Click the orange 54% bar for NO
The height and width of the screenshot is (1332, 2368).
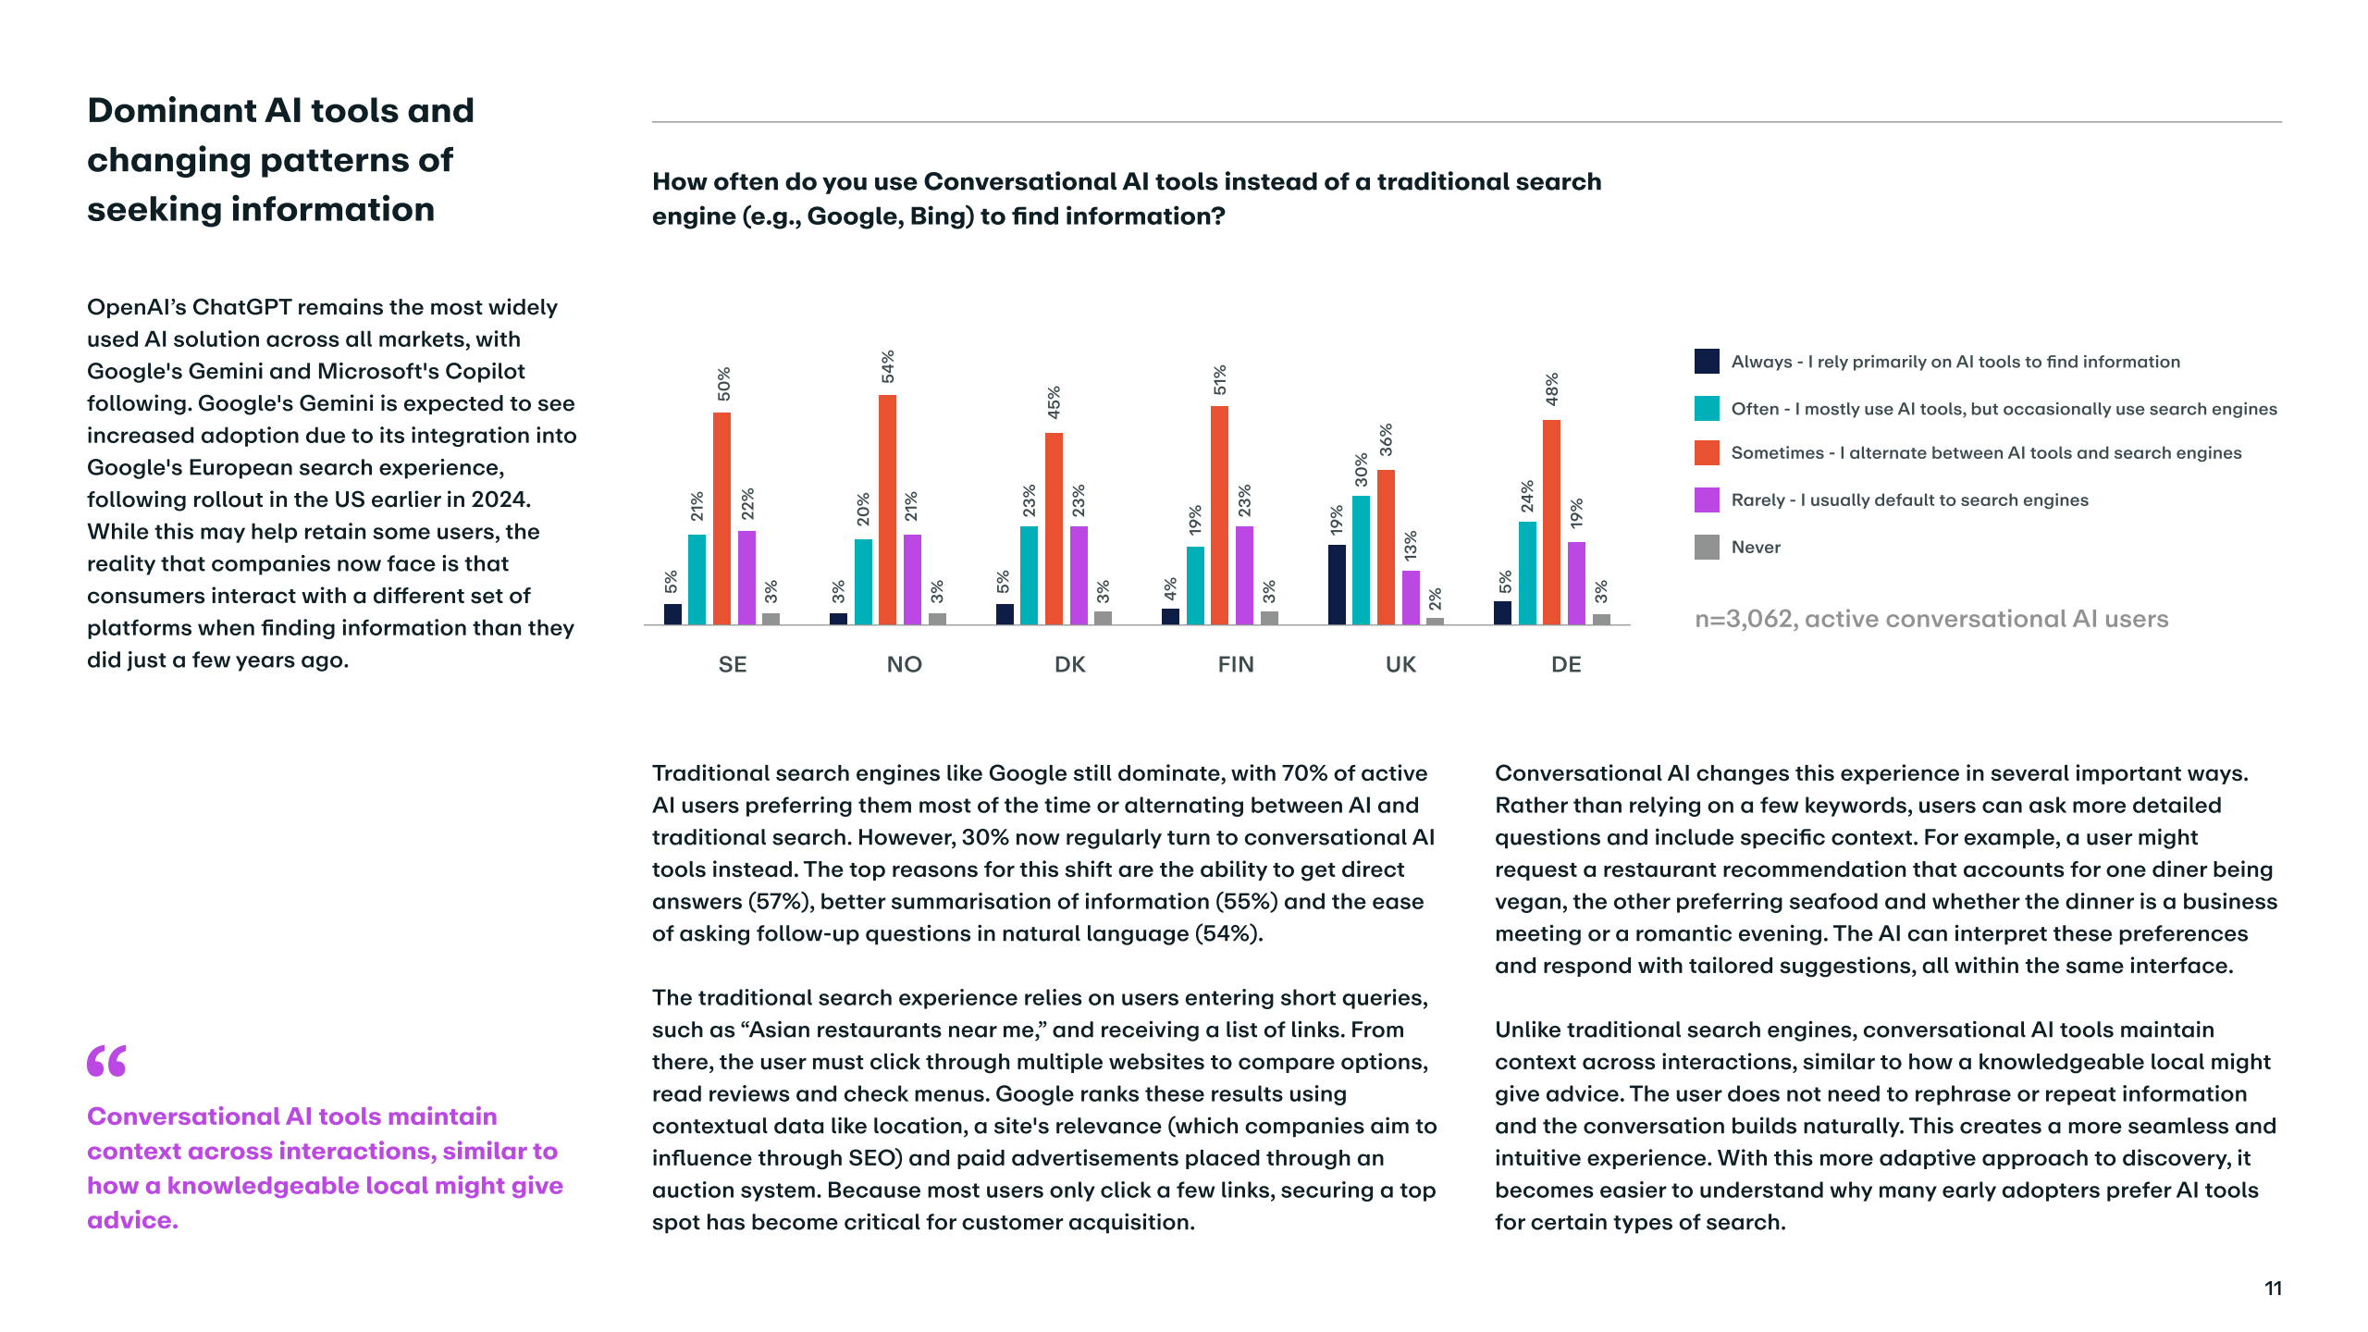[887, 510]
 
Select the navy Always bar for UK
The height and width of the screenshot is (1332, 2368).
[1337, 585]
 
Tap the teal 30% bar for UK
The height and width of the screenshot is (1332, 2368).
[1361, 560]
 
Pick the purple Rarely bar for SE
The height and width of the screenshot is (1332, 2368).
[746, 577]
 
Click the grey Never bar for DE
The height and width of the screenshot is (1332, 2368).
[1601, 619]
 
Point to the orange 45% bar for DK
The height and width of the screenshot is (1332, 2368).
[1054, 528]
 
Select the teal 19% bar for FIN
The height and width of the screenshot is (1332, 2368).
[1195, 586]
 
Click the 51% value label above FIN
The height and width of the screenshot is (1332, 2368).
[1220, 380]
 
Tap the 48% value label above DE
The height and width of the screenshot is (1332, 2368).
[1552, 389]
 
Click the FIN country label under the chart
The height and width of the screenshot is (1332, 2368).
[1236, 664]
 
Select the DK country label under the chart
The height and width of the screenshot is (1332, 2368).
[1069, 664]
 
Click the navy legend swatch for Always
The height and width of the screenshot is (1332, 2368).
[1707, 362]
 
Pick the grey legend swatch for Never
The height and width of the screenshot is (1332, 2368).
[1707, 548]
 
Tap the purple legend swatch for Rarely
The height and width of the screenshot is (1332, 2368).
[1707, 500]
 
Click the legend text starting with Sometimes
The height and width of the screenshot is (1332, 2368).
[1986, 453]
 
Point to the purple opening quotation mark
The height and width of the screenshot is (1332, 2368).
[106, 1061]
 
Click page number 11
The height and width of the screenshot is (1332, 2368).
[2273, 1289]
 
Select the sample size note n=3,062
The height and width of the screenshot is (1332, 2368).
[1930, 619]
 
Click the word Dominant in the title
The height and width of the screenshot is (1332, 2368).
[170, 111]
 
